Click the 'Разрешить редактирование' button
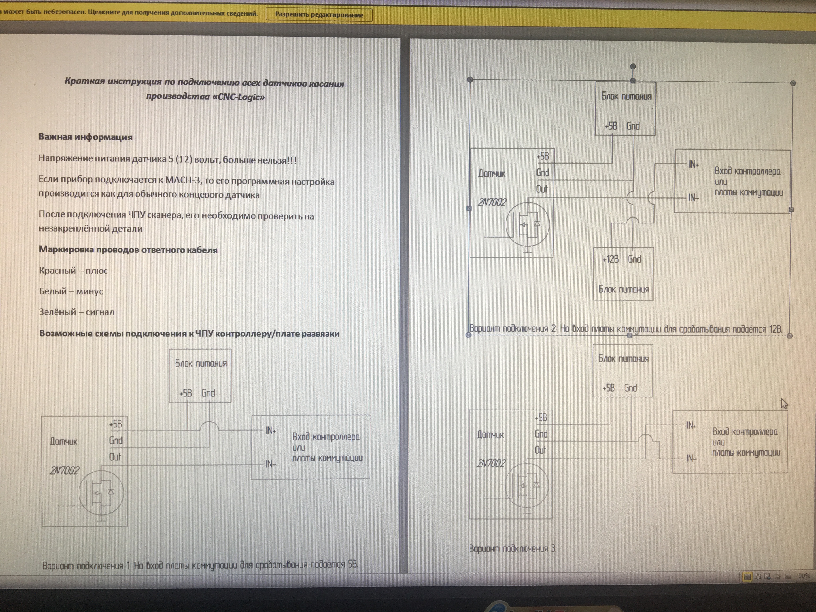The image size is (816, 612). point(319,15)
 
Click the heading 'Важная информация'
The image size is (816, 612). point(86,137)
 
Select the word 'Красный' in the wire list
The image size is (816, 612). point(57,270)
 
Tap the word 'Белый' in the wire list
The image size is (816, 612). point(53,291)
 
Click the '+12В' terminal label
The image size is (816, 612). point(611,259)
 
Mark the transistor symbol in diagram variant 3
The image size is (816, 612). point(526,485)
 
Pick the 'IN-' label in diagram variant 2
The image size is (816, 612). point(694,198)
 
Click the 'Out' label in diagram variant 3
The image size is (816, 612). point(540,450)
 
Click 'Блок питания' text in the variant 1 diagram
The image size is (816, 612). point(201,363)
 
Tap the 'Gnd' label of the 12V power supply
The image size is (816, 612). point(634,259)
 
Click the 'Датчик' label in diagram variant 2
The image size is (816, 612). point(492,173)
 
